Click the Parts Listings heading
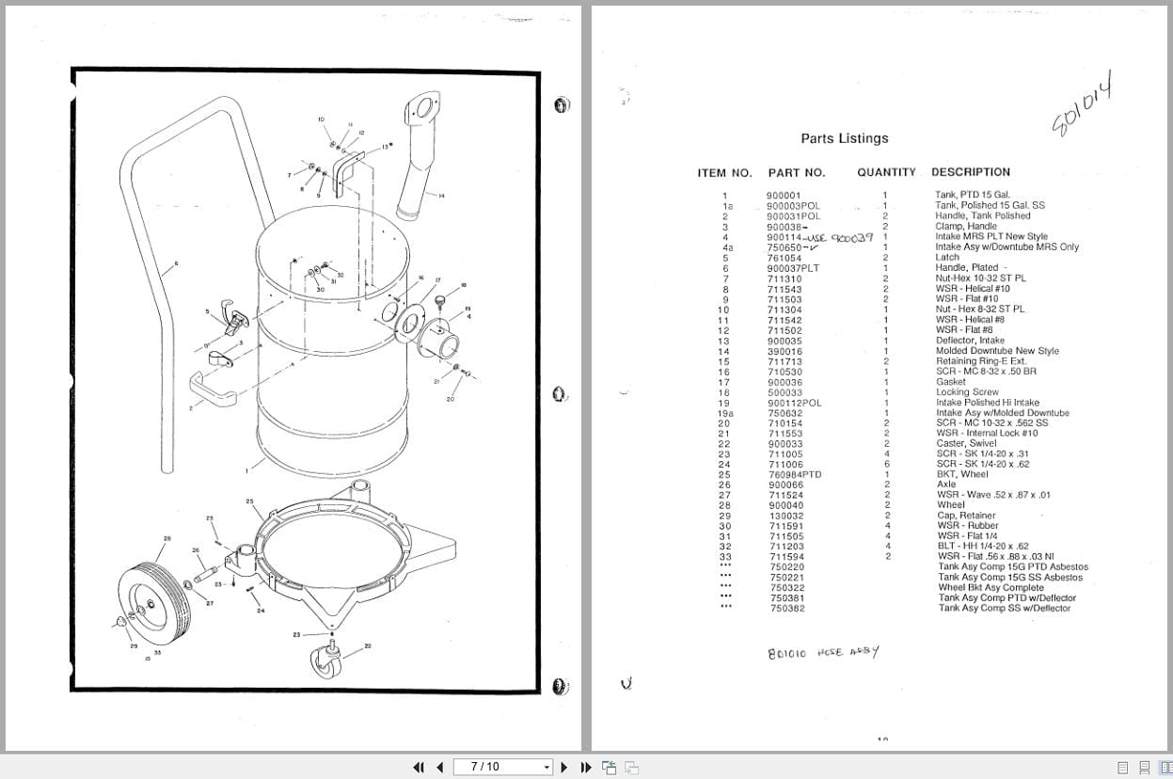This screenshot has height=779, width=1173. coord(844,138)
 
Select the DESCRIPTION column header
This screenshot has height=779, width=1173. coord(970,172)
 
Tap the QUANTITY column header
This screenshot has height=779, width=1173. coord(885,172)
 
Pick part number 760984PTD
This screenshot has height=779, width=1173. coord(794,474)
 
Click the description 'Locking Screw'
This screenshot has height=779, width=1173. coord(967,391)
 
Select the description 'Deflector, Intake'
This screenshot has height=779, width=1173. coord(969,340)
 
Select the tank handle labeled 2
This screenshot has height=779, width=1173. coord(211,388)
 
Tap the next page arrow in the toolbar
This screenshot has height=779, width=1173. coord(564,767)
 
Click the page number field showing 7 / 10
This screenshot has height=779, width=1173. coord(503,767)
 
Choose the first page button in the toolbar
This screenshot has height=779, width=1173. coord(419,767)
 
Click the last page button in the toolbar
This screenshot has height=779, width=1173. coord(586,767)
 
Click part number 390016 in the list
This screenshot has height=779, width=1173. coord(785,350)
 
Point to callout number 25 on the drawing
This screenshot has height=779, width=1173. coord(249,501)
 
